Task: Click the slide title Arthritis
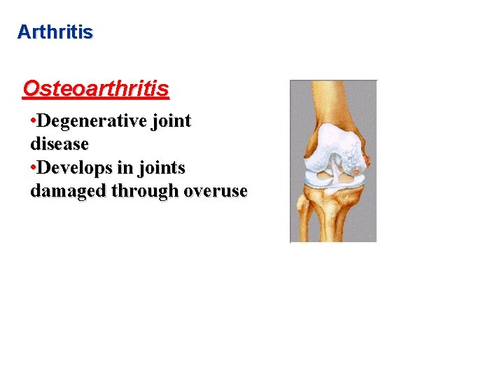(55, 32)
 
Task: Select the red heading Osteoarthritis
(96, 89)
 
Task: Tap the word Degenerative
(92, 121)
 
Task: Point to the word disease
(59, 144)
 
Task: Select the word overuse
(216, 191)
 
